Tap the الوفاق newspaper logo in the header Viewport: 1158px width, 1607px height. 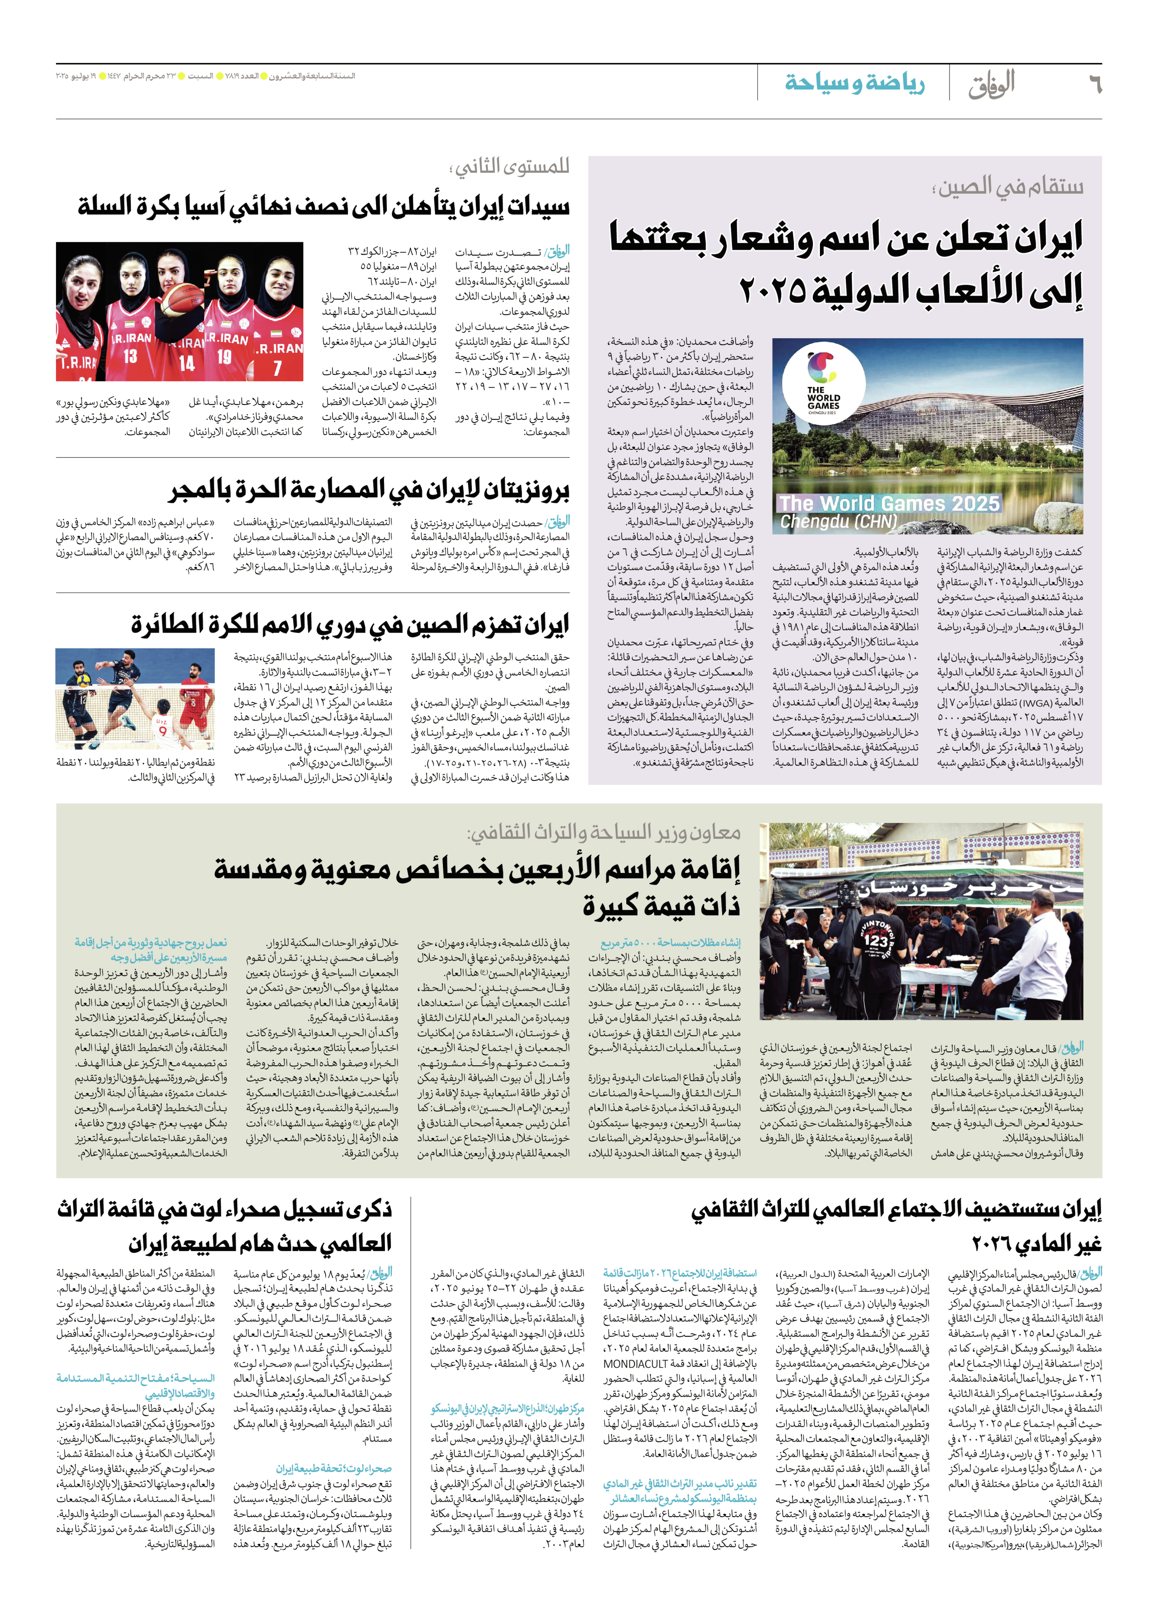click(x=992, y=83)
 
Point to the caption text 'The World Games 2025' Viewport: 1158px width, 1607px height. click(x=889, y=503)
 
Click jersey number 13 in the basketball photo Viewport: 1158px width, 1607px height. click(x=130, y=356)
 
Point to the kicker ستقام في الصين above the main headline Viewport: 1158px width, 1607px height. click(x=1007, y=187)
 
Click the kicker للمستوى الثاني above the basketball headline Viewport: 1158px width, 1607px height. click(x=509, y=167)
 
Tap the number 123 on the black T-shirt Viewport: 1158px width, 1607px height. click(x=876, y=940)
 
